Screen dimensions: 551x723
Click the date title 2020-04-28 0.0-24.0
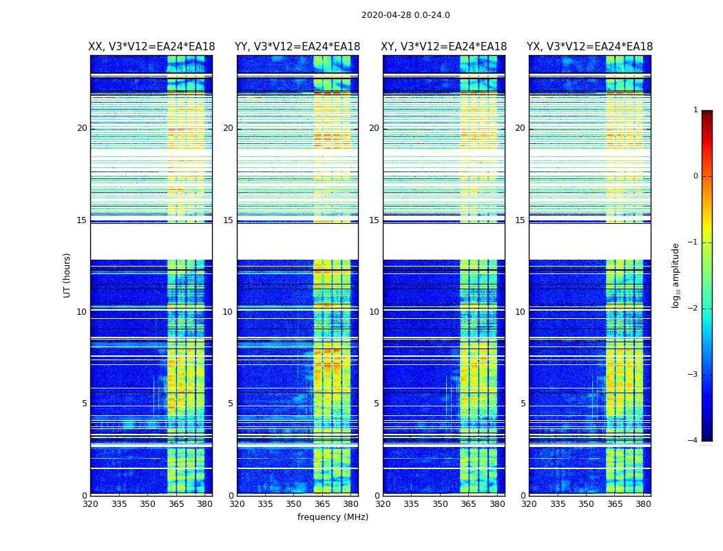(406, 15)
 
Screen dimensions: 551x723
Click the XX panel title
(151, 47)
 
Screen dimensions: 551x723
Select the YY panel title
(297, 47)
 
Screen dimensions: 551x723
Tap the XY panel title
(444, 47)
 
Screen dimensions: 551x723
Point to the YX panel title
(589, 47)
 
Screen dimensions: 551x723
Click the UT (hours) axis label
(67, 275)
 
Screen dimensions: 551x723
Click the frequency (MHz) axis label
(333, 517)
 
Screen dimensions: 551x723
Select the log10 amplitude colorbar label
(676, 275)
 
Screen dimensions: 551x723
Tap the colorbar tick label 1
(695, 110)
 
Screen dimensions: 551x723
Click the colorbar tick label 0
(695, 176)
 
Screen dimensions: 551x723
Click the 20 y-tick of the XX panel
(82, 128)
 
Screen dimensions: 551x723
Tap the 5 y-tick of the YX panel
(523, 404)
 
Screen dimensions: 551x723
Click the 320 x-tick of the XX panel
(90, 504)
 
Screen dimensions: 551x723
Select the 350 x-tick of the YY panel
(294, 504)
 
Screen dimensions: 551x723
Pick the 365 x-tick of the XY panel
(468, 504)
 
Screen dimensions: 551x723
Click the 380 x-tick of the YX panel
(643, 504)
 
